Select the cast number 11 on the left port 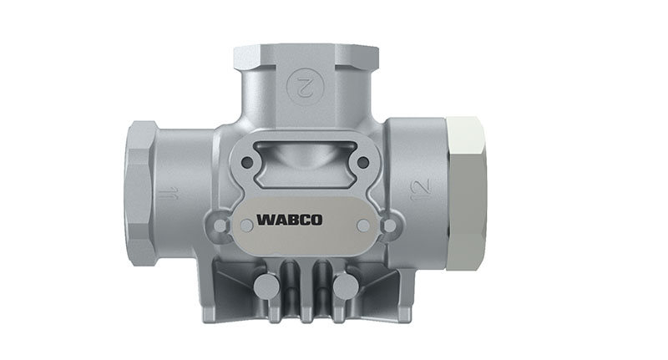coord(170,196)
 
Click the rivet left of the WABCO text coord(245,225)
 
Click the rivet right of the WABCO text coord(362,225)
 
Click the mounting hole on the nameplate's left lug coord(220,226)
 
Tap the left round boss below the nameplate coord(266,286)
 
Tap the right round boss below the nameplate coord(343,286)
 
